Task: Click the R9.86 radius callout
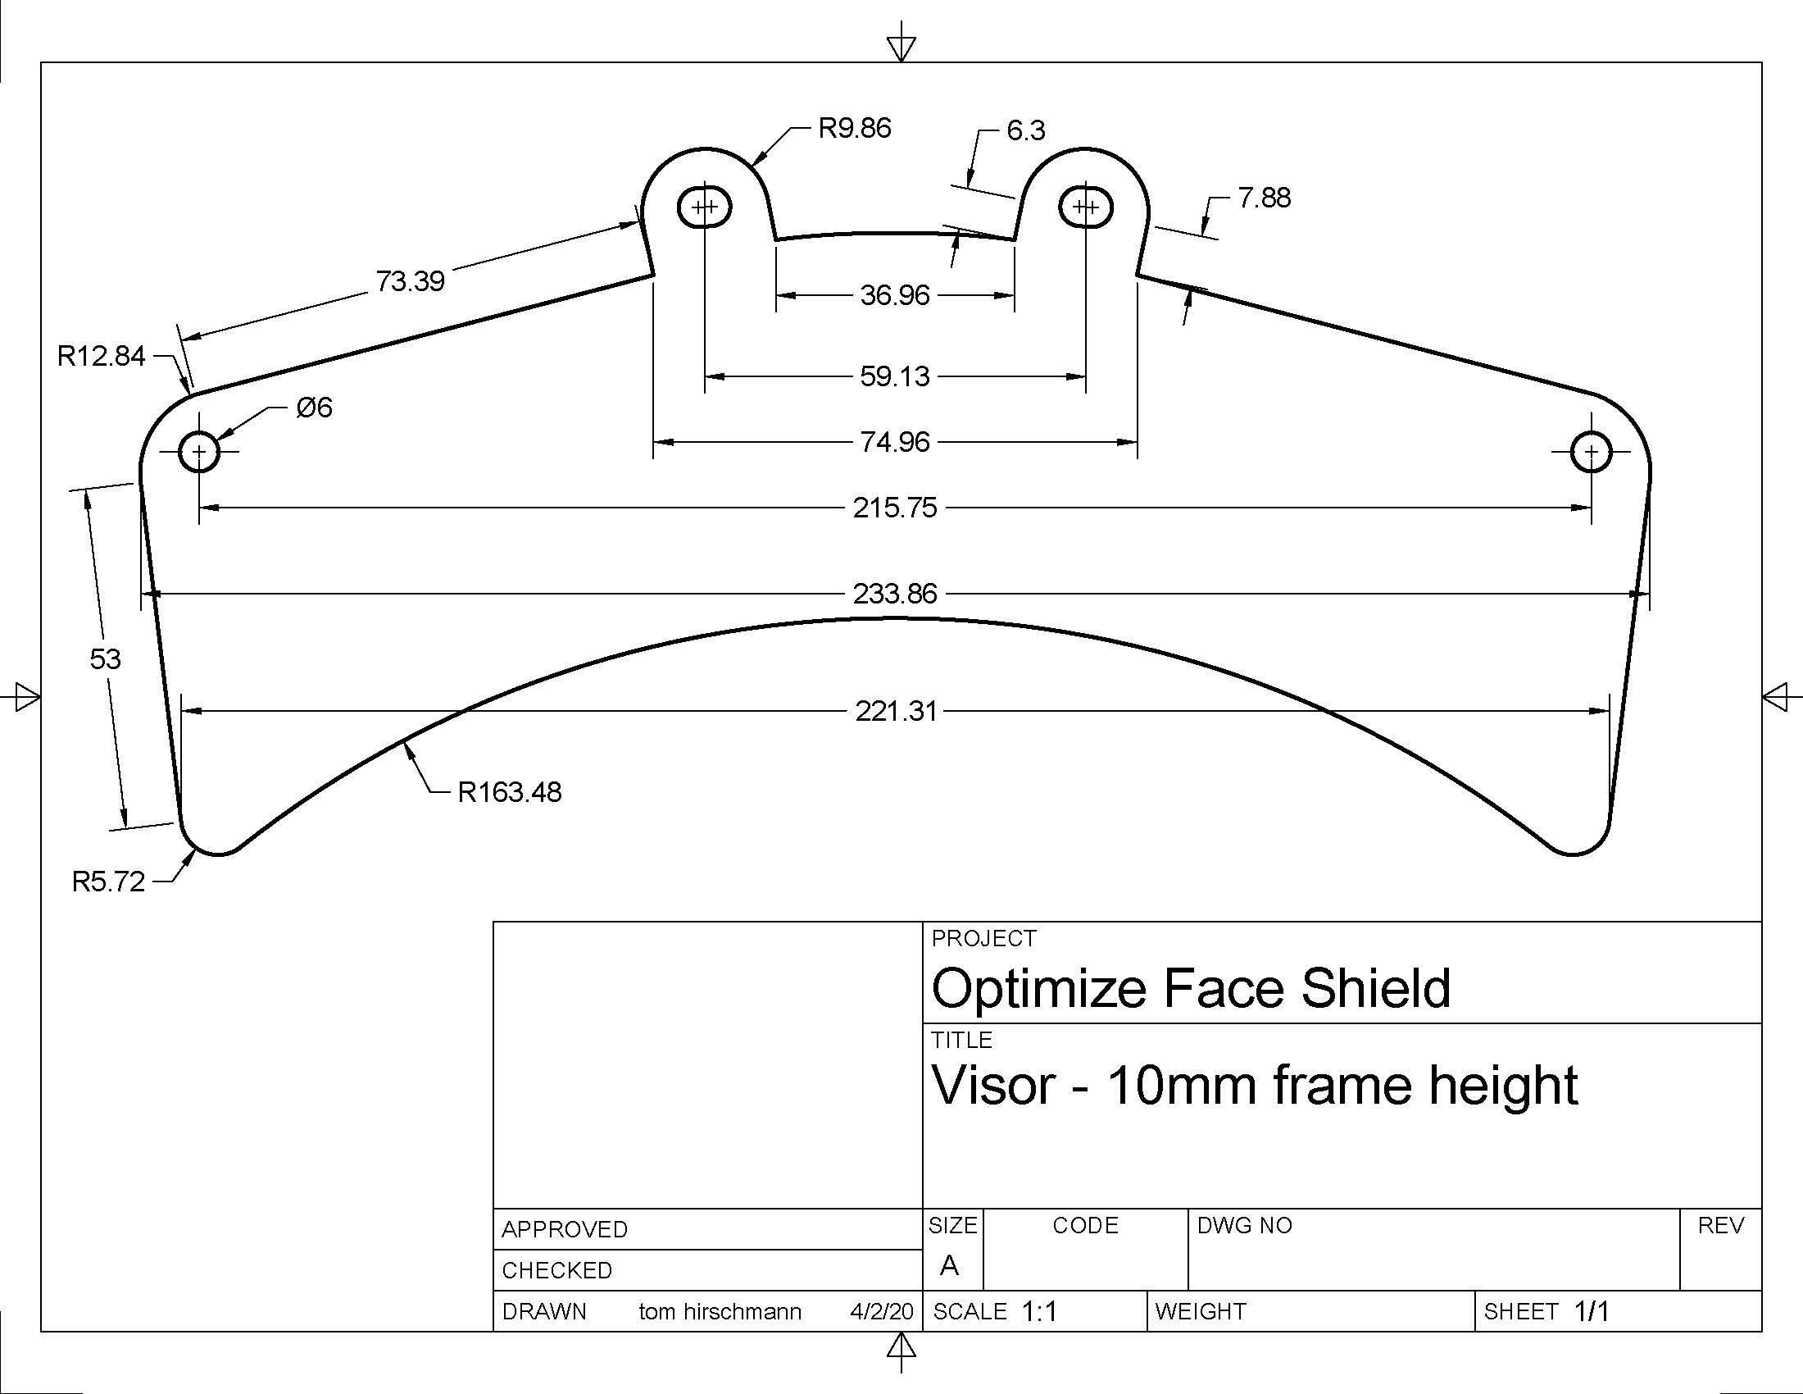point(854,129)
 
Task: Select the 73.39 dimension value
point(411,281)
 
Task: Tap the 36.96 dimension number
point(895,296)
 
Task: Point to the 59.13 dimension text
point(895,376)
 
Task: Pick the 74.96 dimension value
point(895,443)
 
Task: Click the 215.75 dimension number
point(895,508)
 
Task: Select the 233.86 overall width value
point(895,594)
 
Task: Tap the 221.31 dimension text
point(896,711)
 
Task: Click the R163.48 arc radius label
point(510,793)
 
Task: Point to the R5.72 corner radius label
point(108,882)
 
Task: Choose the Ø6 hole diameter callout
point(314,408)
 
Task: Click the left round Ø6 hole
point(199,452)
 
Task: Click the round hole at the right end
point(1591,452)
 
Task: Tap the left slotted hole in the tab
point(704,207)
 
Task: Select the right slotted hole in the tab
point(1086,207)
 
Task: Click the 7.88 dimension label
point(1264,198)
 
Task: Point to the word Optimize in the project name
point(1039,989)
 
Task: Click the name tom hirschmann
point(720,1312)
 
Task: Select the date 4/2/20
point(881,1312)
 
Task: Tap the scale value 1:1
point(1039,1312)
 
